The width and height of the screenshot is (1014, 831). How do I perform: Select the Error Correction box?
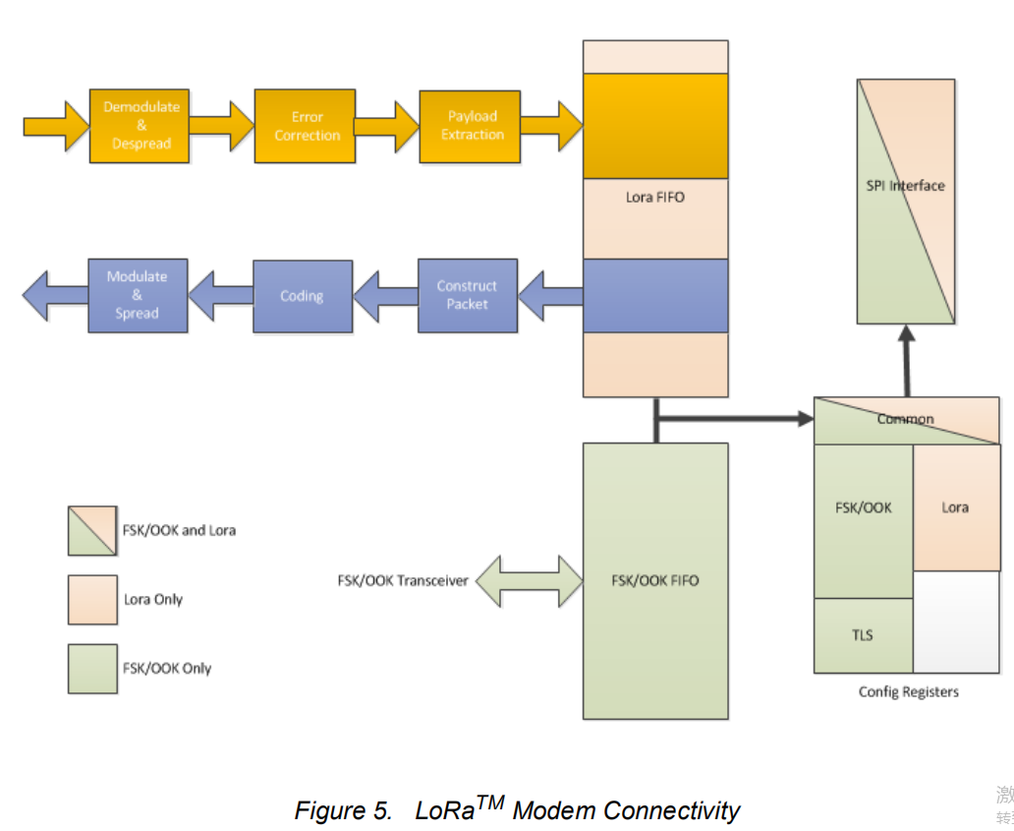pyautogui.click(x=305, y=126)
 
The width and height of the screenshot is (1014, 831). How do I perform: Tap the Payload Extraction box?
pyautogui.click(x=470, y=126)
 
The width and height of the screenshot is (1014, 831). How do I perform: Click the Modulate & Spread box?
pyautogui.click(x=138, y=295)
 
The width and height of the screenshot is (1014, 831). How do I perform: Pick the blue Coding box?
pyautogui.click(x=302, y=296)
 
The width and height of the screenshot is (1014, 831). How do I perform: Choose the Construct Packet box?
pyautogui.click(x=467, y=295)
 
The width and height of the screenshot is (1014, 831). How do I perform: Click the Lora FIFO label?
pyautogui.click(x=655, y=198)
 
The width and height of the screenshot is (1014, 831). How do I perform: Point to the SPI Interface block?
pyautogui.click(x=905, y=202)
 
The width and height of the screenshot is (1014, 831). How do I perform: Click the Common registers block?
pyautogui.click(x=906, y=420)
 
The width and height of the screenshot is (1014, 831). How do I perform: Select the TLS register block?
pyautogui.click(x=863, y=635)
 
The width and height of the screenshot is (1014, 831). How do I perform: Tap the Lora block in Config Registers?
pyautogui.click(x=956, y=507)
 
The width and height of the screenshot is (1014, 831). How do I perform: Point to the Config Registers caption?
pyautogui.click(x=908, y=692)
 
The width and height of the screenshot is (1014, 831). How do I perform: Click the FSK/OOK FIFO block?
pyautogui.click(x=655, y=580)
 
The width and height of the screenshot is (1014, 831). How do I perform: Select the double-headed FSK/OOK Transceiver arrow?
pyautogui.click(x=529, y=580)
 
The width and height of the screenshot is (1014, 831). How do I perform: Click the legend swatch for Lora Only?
pyautogui.click(x=92, y=600)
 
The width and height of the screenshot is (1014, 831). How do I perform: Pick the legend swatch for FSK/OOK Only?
pyautogui.click(x=92, y=669)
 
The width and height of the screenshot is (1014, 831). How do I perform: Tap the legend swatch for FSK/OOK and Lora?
pyautogui.click(x=92, y=531)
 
